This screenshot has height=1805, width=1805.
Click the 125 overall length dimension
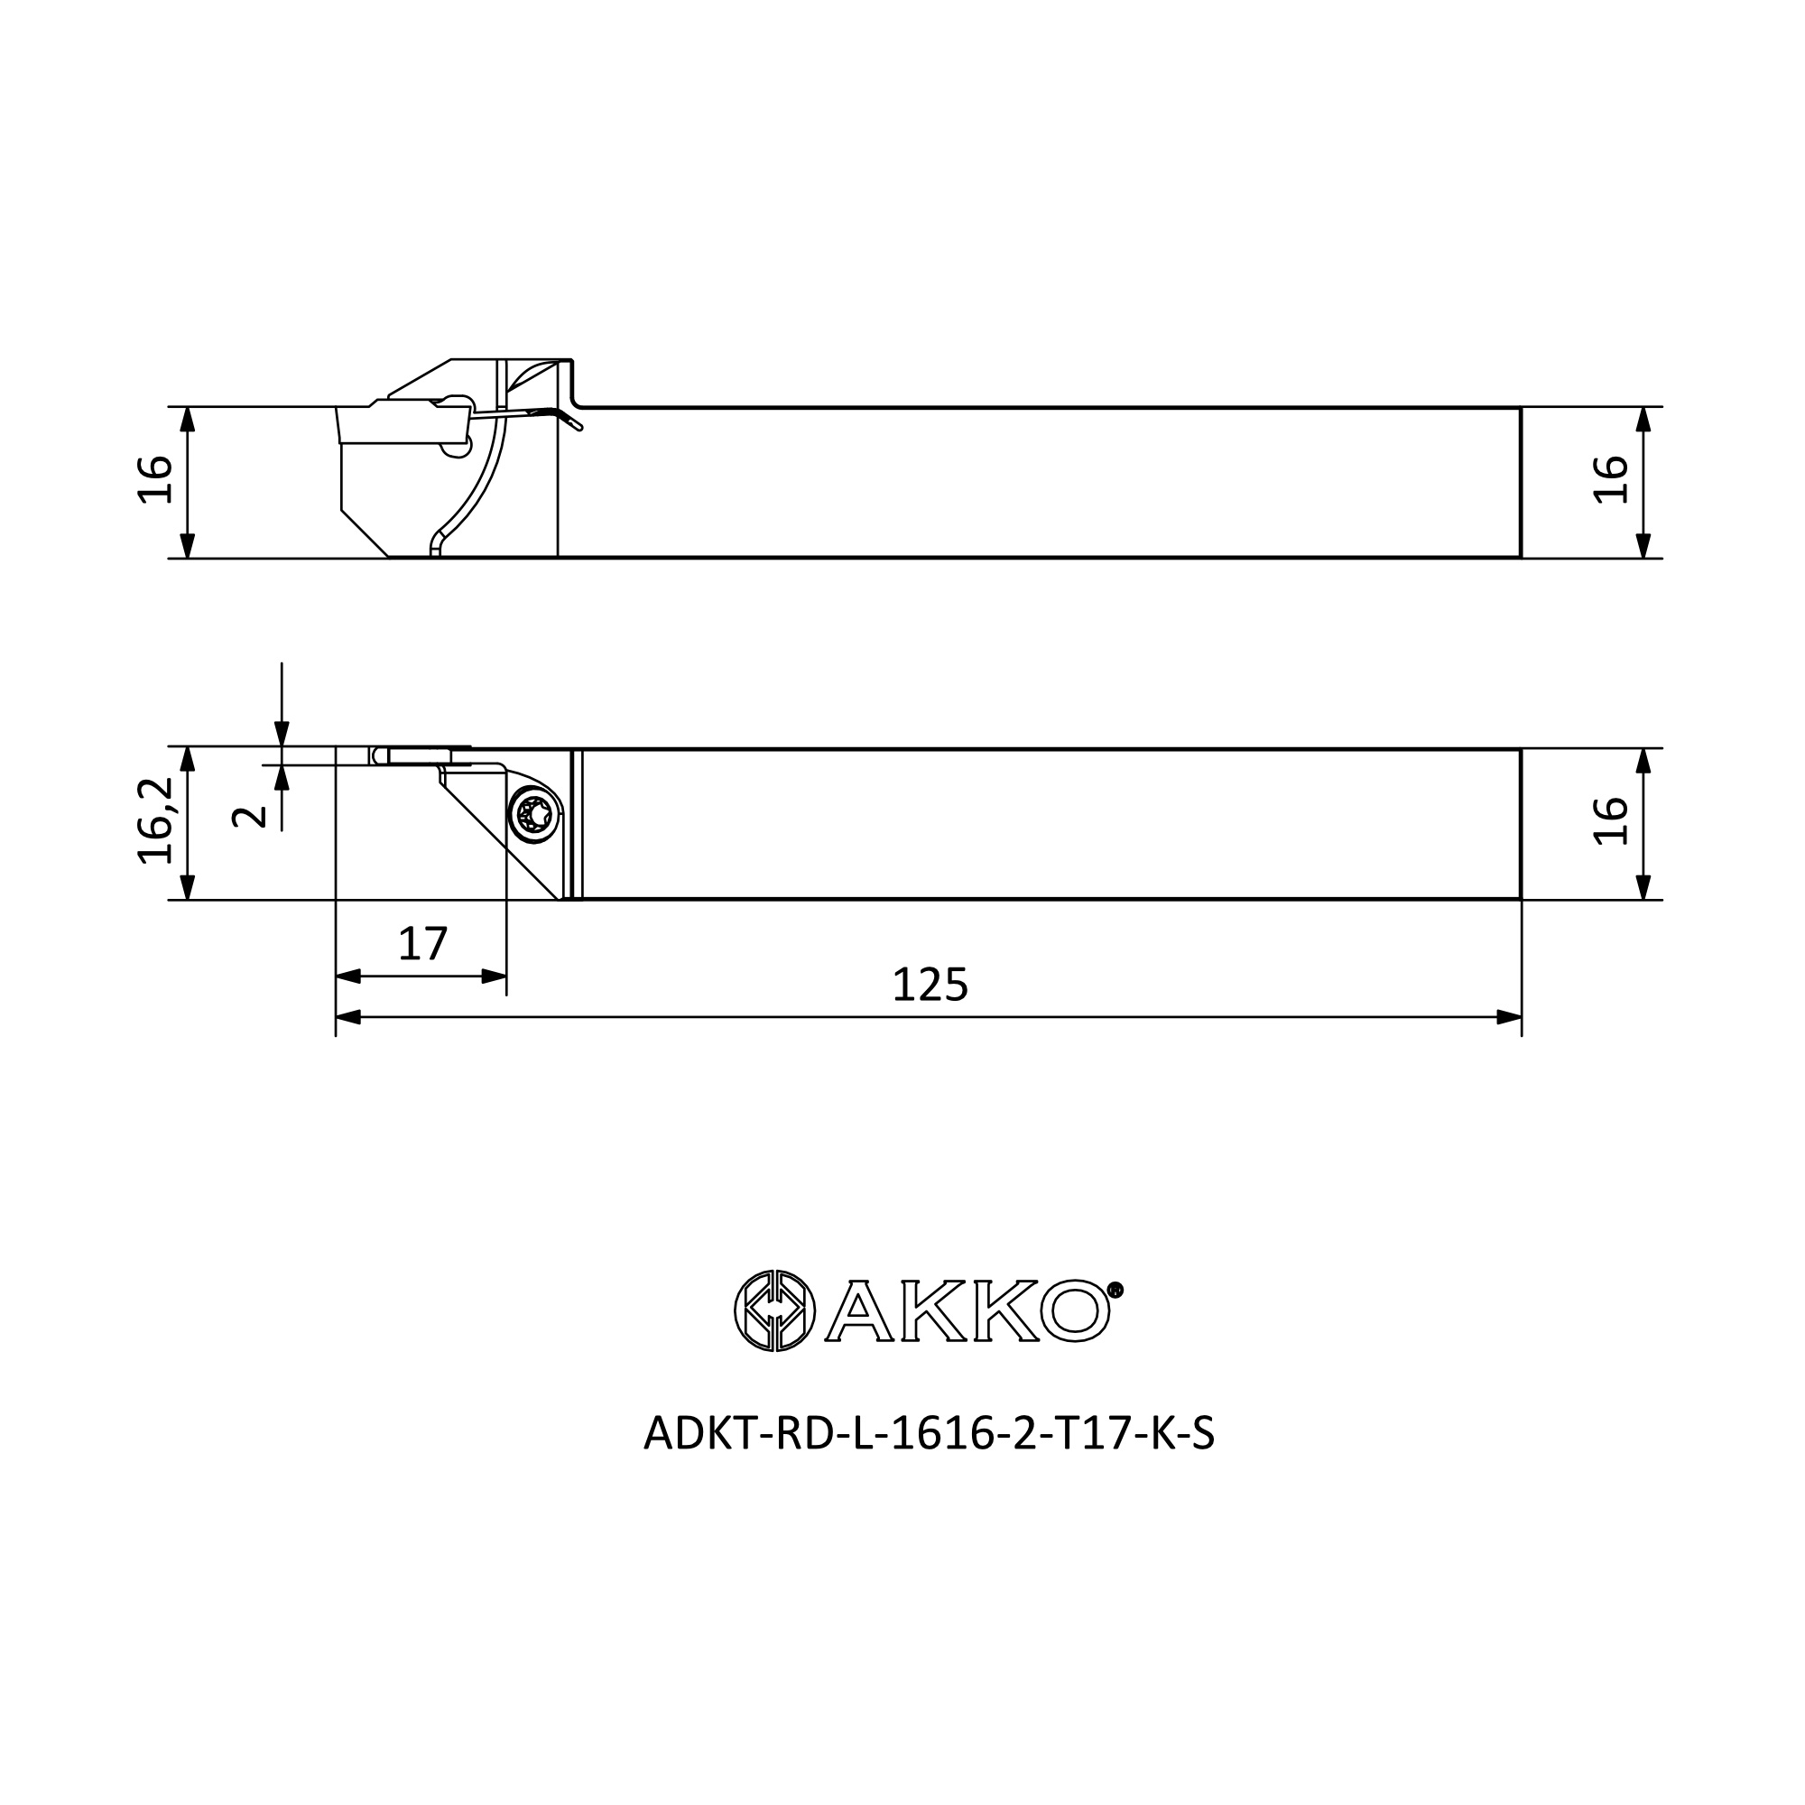click(x=930, y=985)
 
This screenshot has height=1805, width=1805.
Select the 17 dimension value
click(x=422, y=944)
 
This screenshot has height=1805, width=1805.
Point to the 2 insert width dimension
click(x=248, y=817)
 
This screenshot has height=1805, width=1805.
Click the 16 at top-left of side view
click(x=155, y=479)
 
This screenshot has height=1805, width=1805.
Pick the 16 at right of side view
click(x=1611, y=479)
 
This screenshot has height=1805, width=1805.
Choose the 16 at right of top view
click(x=1611, y=821)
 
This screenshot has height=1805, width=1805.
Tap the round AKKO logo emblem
click(x=774, y=1310)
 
